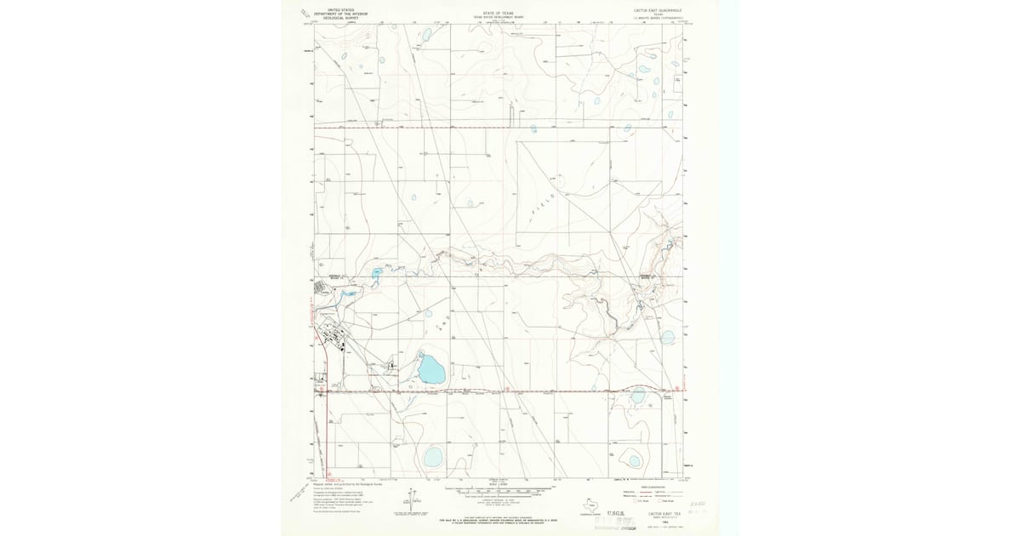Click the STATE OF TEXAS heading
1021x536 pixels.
click(499, 14)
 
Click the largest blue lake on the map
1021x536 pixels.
click(431, 370)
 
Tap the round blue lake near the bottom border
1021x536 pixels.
click(433, 458)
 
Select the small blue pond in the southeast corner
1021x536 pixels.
click(633, 460)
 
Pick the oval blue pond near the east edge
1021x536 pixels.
click(668, 335)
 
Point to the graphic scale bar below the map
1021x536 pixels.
click(499, 491)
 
